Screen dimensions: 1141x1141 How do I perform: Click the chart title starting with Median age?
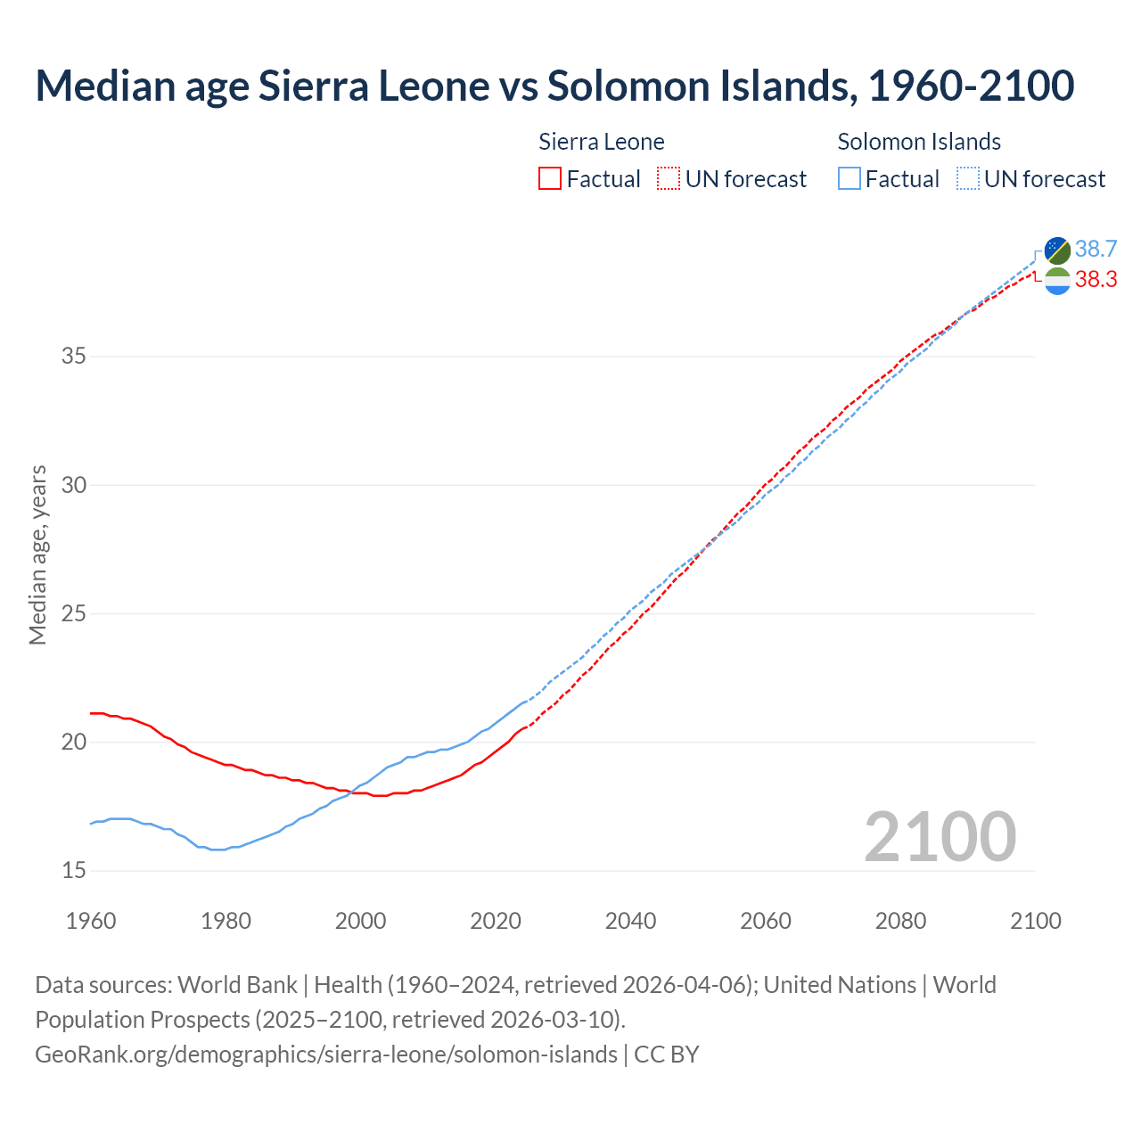coord(554,86)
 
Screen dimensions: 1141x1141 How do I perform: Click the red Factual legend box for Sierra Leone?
coord(550,179)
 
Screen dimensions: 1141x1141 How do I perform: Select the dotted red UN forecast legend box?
coord(669,179)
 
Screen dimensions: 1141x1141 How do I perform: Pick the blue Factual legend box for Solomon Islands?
coord(850,179)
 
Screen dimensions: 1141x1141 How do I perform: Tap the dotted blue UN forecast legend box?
coord(968,179)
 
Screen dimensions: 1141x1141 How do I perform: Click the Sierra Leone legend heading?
coord(602,142)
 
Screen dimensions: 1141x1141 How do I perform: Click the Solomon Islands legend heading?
coord(919,142)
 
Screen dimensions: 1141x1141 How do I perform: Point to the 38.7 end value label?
coord(1096,249)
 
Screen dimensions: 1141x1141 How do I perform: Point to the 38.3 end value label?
coord(1096,280)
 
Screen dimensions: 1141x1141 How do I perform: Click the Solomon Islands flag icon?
coord(1057,250)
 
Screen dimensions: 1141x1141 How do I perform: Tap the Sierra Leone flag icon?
coord(1057,281)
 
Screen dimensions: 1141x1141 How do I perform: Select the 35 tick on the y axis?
coord(74,357)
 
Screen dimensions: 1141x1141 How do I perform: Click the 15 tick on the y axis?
coord(74,870)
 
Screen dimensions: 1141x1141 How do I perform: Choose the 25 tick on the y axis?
coord(74,613)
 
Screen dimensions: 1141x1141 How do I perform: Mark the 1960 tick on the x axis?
coord(91,921)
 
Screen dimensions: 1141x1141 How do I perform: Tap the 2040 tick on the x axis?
coord(630,921)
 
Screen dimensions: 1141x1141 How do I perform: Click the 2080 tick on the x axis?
coord(900,921)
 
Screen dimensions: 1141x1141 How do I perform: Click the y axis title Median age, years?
coord(37,554)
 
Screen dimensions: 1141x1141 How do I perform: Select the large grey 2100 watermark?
coord(940,836)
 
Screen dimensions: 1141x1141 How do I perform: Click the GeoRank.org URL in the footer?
coord(326,1055)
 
